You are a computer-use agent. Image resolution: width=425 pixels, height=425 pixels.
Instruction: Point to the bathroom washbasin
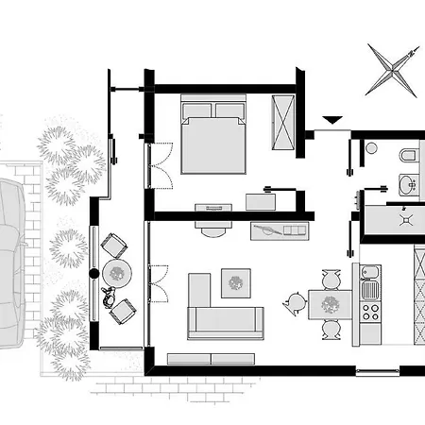408,184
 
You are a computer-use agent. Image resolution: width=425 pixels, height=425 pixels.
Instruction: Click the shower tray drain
407,218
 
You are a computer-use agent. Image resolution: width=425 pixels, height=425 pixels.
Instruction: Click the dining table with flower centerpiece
330,304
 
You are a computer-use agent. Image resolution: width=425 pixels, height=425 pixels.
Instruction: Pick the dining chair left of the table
295,304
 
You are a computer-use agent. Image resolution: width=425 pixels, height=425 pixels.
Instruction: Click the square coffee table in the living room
235,282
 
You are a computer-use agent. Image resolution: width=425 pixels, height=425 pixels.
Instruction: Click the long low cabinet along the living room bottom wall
211,359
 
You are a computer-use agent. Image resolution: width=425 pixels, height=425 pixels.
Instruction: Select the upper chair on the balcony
113,245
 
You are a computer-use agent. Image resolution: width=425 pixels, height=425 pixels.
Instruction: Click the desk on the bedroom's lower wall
213,207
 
